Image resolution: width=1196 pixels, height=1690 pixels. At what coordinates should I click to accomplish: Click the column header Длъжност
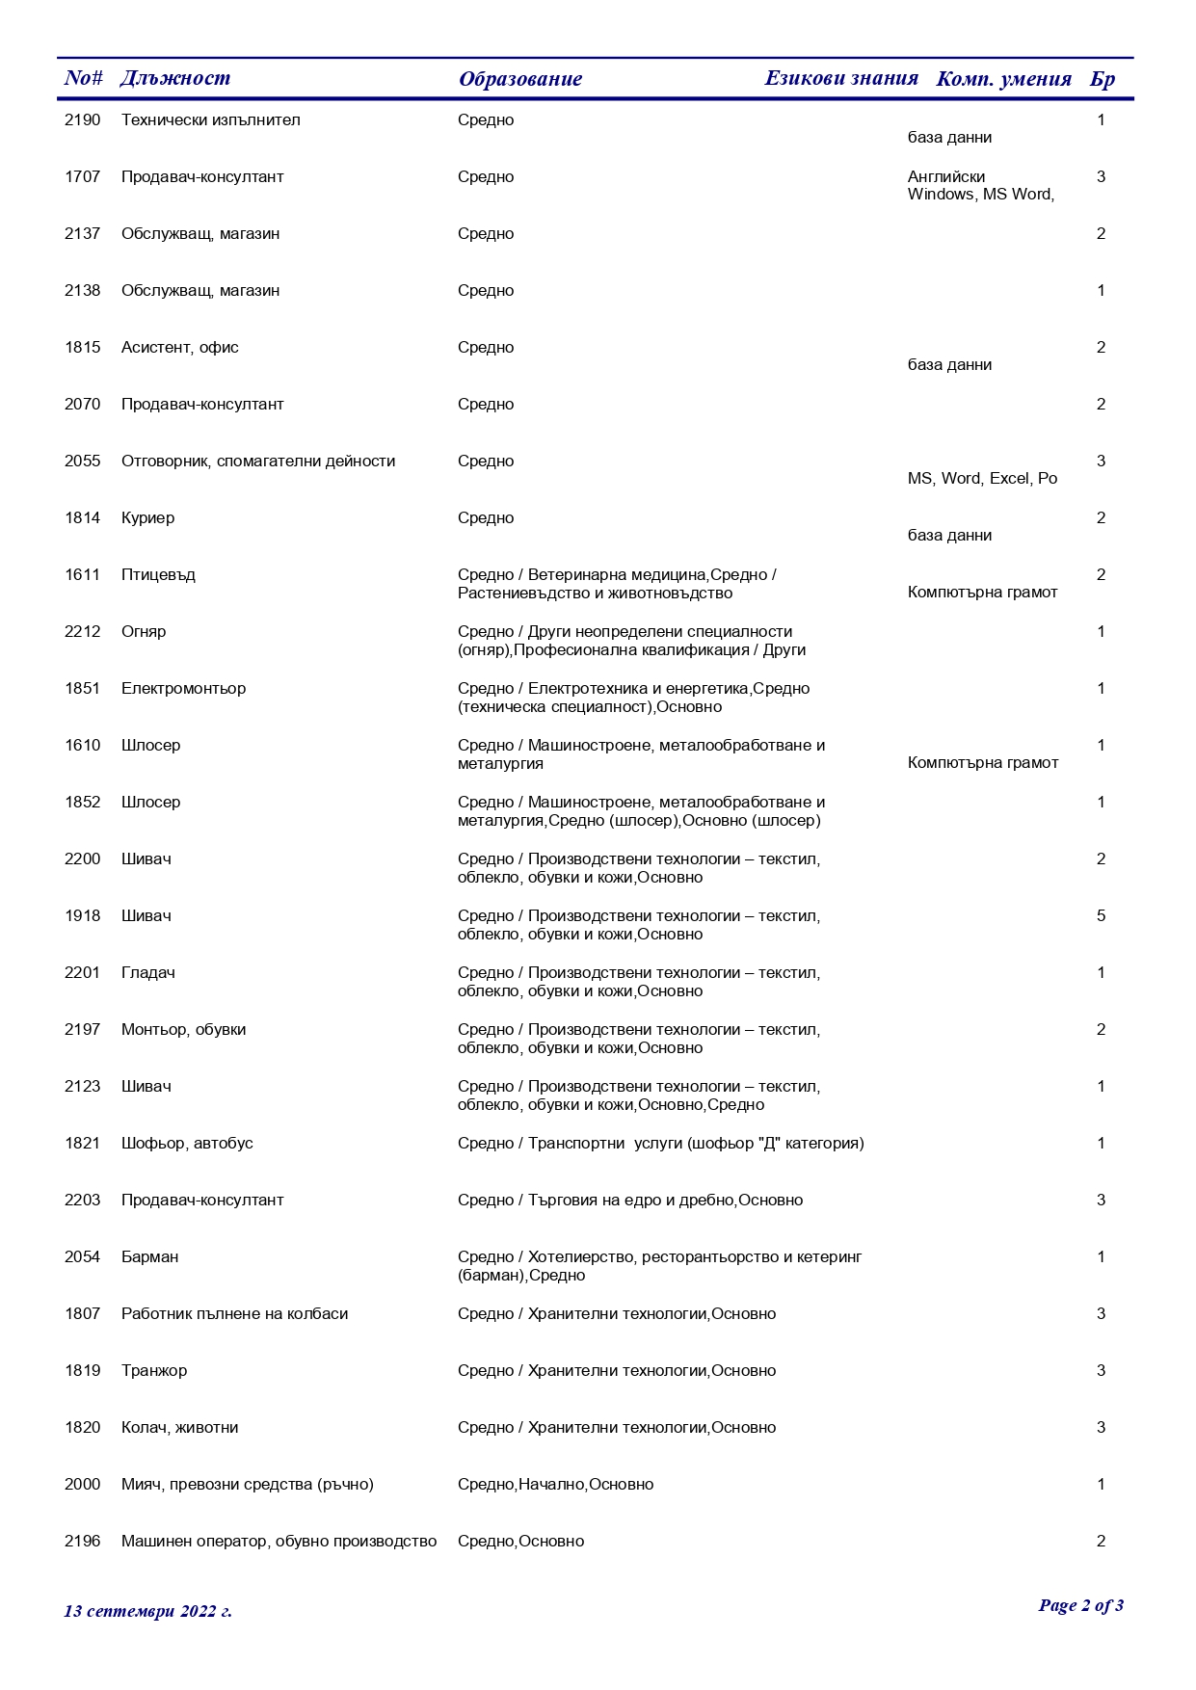175,78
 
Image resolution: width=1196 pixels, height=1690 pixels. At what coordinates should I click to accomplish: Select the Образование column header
519,79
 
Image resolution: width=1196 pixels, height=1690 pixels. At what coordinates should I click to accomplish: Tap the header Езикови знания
840,78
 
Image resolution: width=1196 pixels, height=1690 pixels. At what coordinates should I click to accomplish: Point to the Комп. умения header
1003,79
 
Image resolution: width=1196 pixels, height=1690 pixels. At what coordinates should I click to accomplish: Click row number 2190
82,120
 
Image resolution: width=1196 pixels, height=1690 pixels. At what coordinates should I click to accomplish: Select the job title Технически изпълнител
210,120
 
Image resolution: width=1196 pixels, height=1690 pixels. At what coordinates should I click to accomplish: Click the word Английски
945,177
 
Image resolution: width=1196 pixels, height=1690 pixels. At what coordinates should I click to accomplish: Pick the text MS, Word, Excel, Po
982,479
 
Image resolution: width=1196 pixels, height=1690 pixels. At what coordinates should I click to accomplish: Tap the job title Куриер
147,518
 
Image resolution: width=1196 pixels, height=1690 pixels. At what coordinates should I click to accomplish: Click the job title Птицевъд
158,575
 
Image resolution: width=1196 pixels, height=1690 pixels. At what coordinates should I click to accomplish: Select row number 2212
82,632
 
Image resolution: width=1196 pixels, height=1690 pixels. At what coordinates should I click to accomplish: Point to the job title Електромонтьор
183,689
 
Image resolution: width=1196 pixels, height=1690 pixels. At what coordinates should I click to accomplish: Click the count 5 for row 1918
1101,916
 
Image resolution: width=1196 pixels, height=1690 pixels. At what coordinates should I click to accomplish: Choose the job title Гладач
147,973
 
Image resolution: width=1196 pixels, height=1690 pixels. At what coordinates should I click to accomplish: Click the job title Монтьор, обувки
183,1030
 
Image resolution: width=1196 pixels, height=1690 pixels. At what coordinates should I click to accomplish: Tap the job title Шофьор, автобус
187,1144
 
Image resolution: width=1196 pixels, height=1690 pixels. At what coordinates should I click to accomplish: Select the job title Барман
149,1257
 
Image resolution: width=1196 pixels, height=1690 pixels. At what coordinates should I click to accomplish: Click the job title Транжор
154,1371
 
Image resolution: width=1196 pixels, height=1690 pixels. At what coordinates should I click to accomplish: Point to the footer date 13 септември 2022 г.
147,1611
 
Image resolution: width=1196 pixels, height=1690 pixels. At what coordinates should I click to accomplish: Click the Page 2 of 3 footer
1080,1605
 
